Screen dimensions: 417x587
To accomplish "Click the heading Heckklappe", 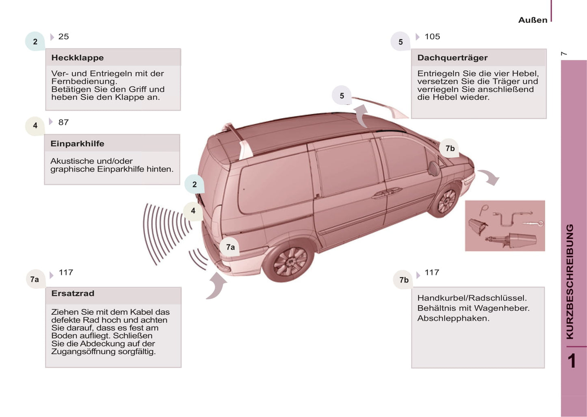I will pos(77,58).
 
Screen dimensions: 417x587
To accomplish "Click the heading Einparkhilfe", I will pos(77,143).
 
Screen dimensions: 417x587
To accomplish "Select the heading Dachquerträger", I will pos(452,58).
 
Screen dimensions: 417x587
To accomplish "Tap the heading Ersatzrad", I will pos(73,293).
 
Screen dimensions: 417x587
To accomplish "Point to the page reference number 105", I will pos(432,37).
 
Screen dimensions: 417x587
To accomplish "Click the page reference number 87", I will pos(63,122).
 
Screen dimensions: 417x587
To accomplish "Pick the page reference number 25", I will pos(63,37).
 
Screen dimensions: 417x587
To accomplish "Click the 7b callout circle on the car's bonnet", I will pos(450,148).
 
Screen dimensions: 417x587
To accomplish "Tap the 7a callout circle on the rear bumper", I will pos(230,247).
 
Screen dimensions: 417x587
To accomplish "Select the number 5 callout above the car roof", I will pos(342,96).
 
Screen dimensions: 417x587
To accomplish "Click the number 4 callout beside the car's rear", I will pos(193,211).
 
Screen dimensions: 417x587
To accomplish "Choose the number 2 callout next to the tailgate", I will pos(194,185).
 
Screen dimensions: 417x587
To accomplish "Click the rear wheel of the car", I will pos(289,261).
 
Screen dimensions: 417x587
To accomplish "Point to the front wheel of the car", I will pos(446,201).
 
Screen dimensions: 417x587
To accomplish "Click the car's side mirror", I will pos(433,168).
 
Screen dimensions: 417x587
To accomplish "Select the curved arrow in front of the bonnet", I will pos(489,177).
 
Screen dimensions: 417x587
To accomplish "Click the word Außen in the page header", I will pos(533,20).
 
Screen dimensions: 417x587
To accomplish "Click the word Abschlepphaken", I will pos(453,318).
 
